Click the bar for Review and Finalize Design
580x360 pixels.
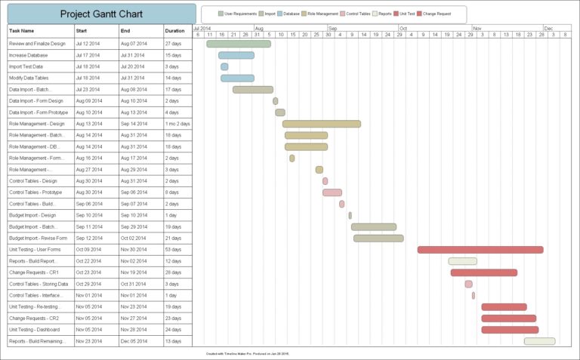pyautogui.click(x=239, y=44)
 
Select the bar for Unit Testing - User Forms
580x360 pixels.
pyautogui.click(x=480, y=250)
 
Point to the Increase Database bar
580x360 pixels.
pyautogui.click(x=236, y=55)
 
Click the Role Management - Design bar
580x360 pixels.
pyautogui.click(x=322, y=124)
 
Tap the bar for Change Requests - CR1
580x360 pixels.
pyautogui.click(x=484, y=272)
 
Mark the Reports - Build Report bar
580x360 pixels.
pyautogui.click(x=462, y=261)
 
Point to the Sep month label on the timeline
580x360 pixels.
pyautogui.click(x=332, y=27)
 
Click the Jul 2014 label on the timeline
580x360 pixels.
pyautogui.click(x=202, y=27)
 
